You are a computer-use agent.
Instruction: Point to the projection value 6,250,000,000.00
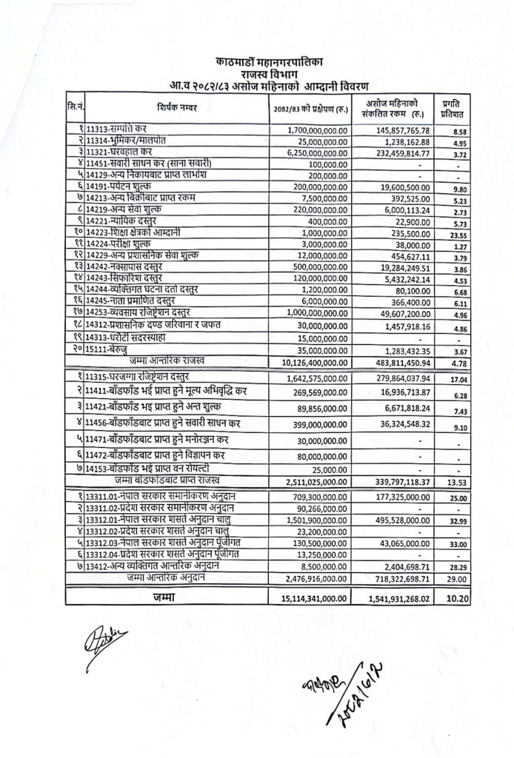coord(310,151)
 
